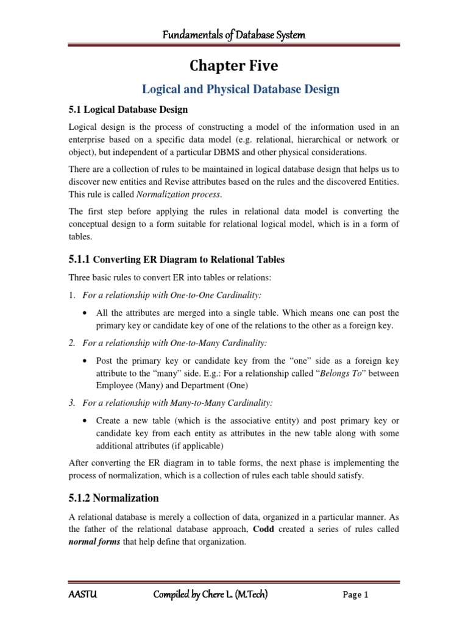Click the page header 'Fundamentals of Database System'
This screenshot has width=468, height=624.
pos(233,35)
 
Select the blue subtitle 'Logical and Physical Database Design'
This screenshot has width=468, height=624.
pos(240,90)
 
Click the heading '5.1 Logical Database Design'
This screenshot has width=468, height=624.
pos(127,110)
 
